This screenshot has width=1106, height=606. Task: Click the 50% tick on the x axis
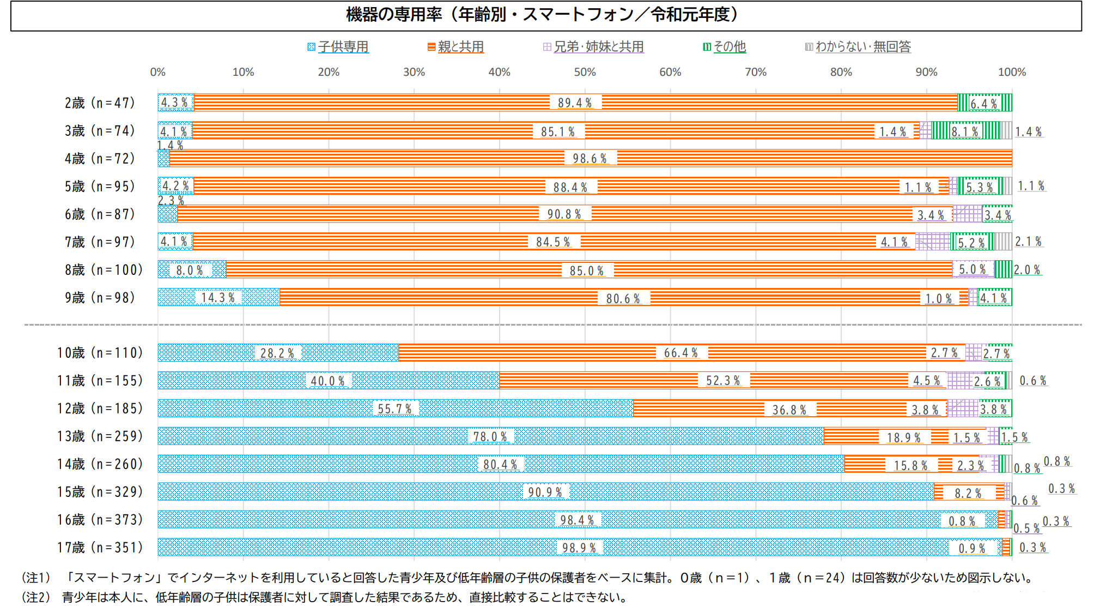point(585,72)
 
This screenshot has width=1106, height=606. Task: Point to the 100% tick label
point(1012,72)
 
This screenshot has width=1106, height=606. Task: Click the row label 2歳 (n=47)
point(100,103)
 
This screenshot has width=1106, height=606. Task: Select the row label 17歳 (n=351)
point(100,547)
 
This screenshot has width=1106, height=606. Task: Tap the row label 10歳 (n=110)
point(100,353)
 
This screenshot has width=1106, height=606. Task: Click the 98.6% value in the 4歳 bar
point(590,159)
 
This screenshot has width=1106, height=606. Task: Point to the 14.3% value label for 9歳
point(218,298)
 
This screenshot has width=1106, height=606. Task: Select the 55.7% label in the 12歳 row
point(395,409)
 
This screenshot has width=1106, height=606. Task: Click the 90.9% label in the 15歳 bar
point(545,492)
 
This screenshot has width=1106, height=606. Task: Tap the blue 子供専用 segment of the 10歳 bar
point(207,353)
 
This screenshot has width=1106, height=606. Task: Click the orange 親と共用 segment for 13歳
point(850,436)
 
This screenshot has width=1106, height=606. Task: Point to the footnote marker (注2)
point(36,597)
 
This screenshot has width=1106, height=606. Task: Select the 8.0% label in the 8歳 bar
point(189,271)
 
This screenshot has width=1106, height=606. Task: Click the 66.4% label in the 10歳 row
point(680,353)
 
